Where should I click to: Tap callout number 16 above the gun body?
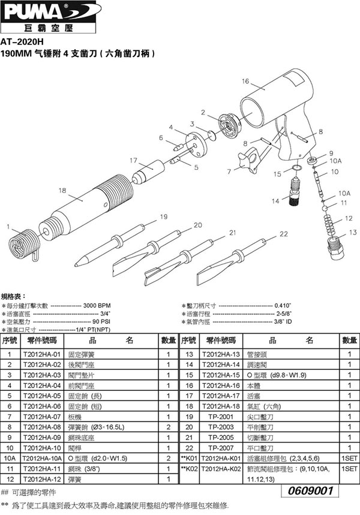(245, 82)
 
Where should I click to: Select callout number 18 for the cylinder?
(62, 190)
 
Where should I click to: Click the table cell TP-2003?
(221, 426)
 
